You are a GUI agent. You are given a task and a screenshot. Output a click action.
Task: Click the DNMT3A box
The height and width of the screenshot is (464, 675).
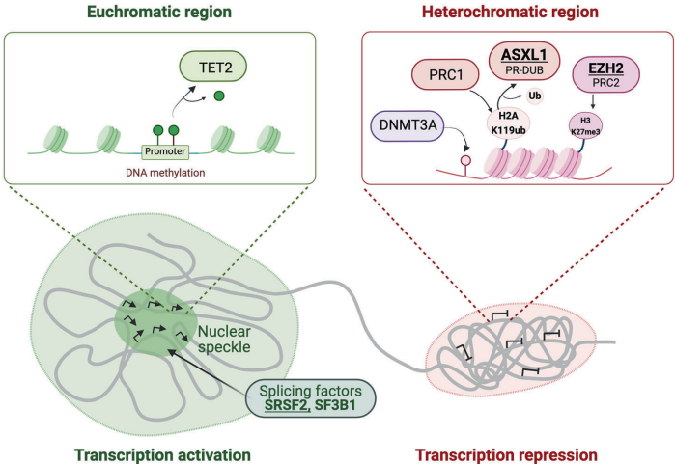click(x=404, y=124)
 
